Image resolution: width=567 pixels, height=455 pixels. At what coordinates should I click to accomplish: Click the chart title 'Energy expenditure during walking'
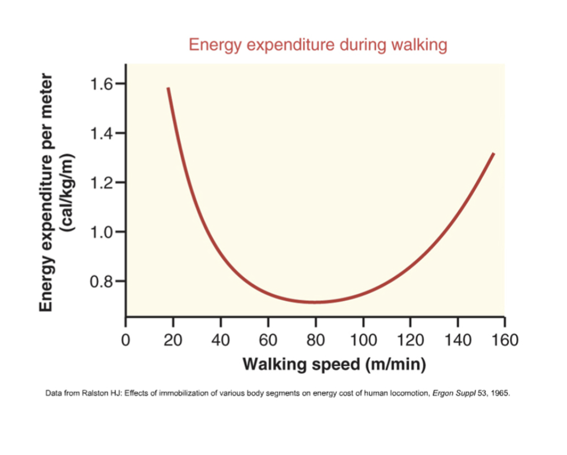(x=317, y=44)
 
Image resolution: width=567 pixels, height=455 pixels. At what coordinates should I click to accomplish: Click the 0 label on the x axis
(x=126, y=340)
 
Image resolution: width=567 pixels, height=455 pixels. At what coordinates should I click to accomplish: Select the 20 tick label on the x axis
(x=173, y=340)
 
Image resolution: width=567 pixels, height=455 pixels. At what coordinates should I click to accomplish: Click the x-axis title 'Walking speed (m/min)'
(x=334, y=364)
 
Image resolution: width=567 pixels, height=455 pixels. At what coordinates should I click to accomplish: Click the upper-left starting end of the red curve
(x=168, y=88)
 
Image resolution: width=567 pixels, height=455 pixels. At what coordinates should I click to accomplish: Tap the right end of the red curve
(x=493, y=154)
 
